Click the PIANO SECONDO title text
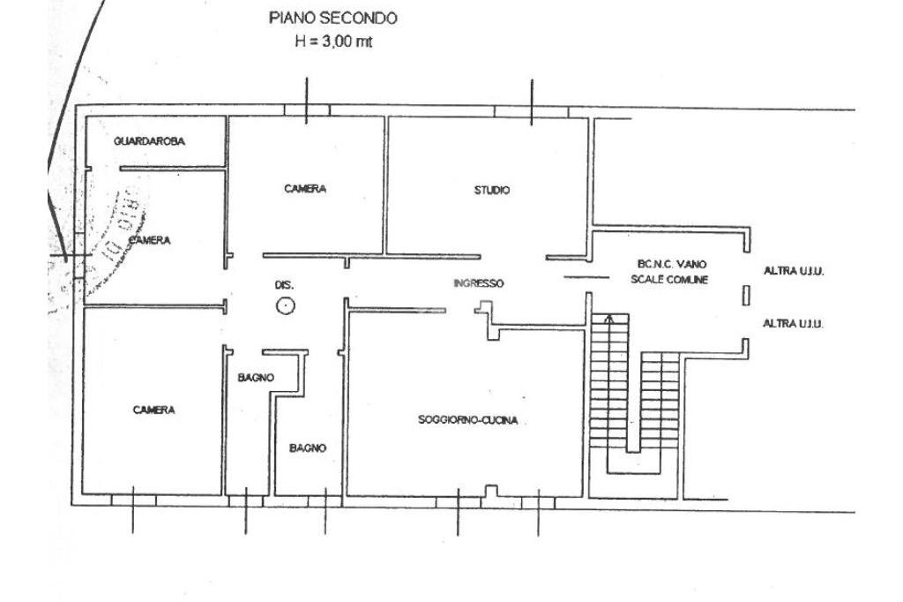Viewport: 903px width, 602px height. pyautogui.click(x=332, y=18)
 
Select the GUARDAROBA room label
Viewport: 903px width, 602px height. pyautogui.click(x=150, y=141)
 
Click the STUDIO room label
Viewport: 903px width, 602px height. pyautogui.click(x=491, y=190)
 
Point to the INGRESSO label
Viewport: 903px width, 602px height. pyautogui.click(x=478, y=283)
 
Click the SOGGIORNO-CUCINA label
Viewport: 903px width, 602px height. pyautogui.click(x=467, y=420)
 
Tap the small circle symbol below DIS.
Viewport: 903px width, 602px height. pyautogui.click(x=285, y=306)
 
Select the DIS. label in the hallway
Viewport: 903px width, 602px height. pyautogui.click(x=284, y=285)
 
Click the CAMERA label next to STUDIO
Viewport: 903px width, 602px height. pyautogui.click(x=305, y=189)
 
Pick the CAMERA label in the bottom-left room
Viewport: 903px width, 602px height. pyautogui.click(x=153, y=410)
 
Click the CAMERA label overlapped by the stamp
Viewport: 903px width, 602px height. pyautogui.click(x=149, y=240)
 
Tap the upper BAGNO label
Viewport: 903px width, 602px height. pyautogui.click(x=256, y=377)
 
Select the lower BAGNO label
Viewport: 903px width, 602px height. pyautogui.click(x=308, y=448)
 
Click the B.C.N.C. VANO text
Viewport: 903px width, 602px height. pyautogui.click(x=671, y=264)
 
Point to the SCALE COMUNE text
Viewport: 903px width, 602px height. pyautogui.click(x=669, y=279)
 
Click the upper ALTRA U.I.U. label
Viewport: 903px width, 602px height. pyautogui.click(x=793, y=271)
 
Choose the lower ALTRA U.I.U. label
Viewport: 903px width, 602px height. pyautogui.click(x=793, y=324)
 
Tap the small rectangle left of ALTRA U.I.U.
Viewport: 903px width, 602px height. pyautogui.click(x=746, y=296)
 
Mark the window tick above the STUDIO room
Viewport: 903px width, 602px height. pyautogui.click(x=531, y=102)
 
